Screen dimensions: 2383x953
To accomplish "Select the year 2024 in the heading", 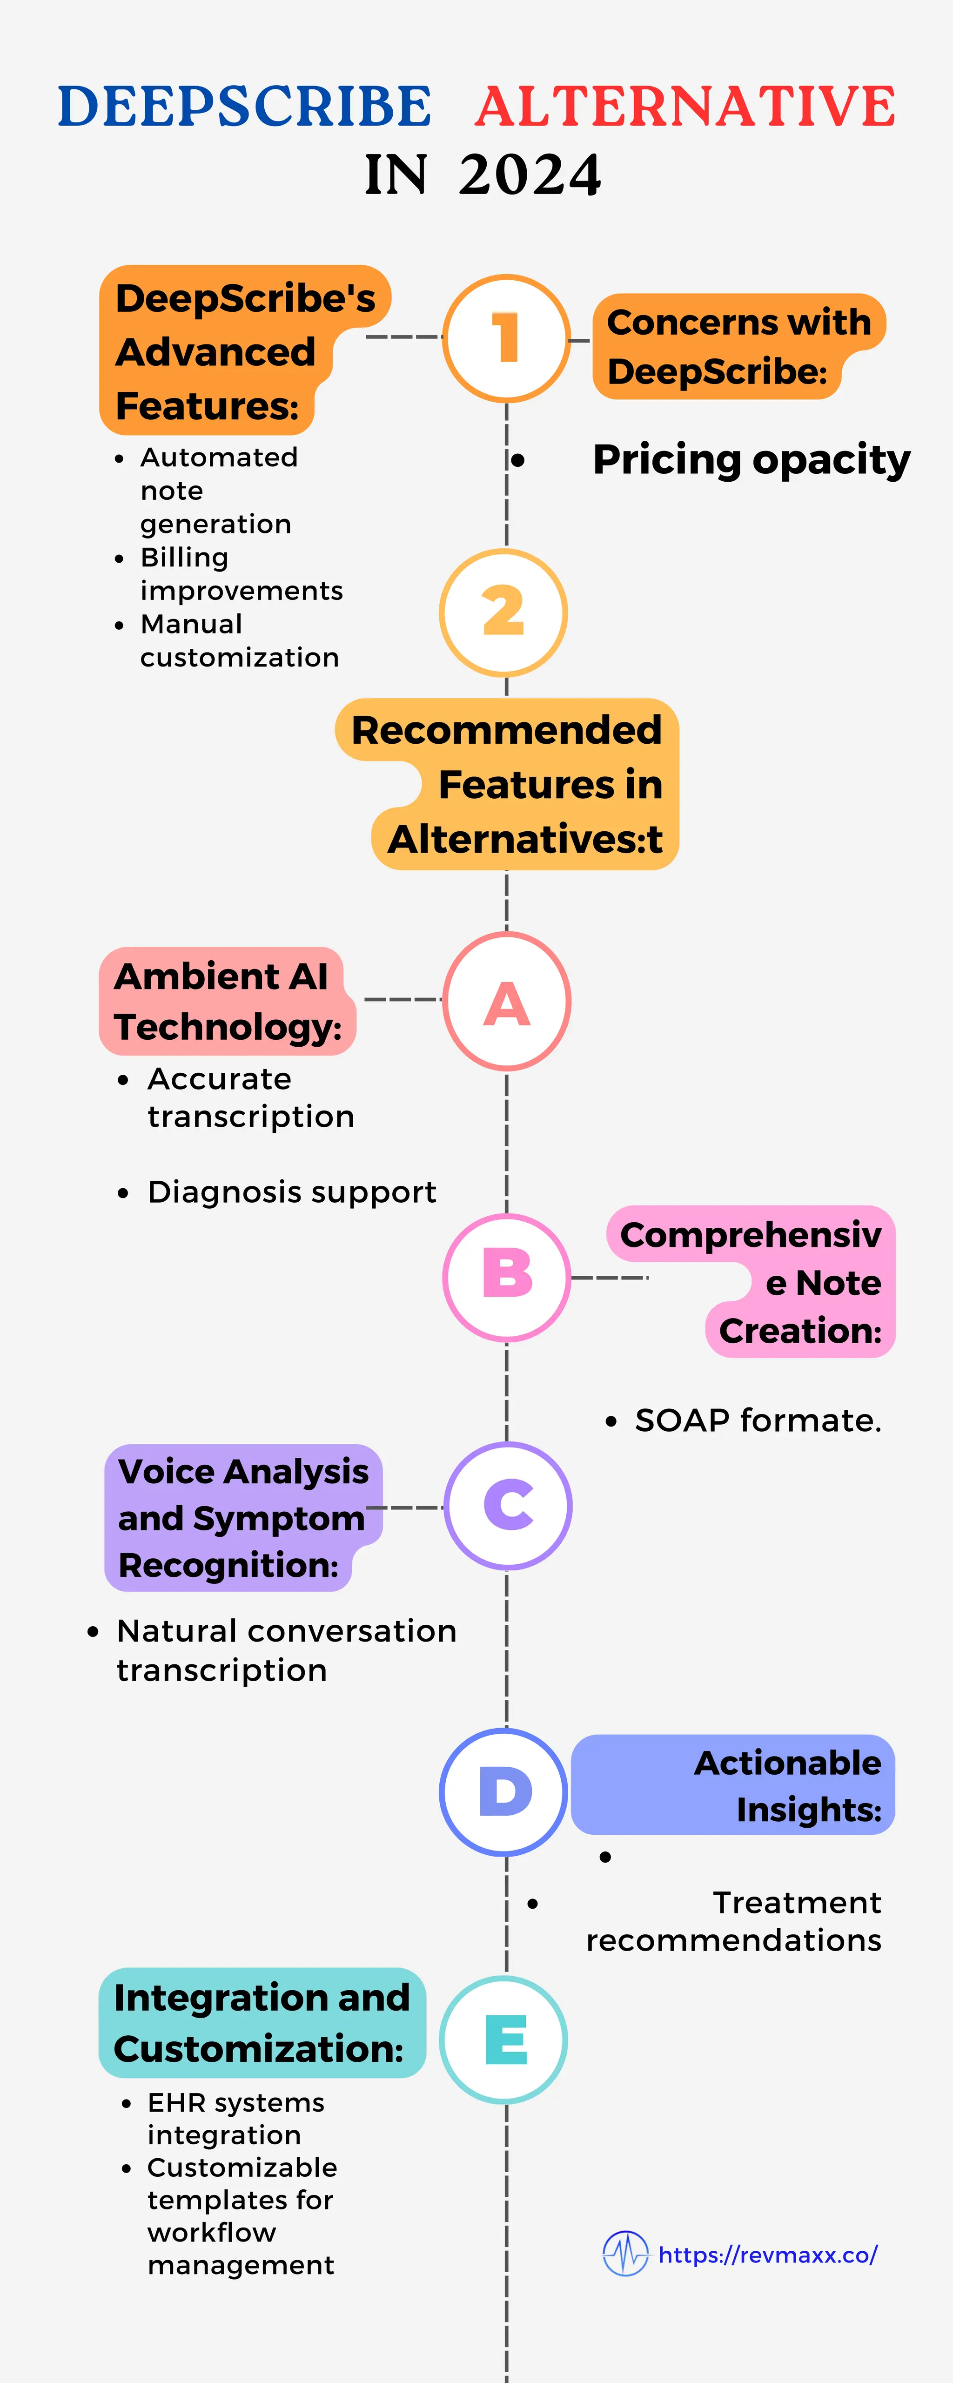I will click(530, 175).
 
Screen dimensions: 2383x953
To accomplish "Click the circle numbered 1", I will click(506, 338).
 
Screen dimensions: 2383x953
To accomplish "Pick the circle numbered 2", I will click(503, 613).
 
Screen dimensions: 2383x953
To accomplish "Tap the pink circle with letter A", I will click(506, 1002).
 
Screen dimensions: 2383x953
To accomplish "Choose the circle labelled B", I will click(506, 1277).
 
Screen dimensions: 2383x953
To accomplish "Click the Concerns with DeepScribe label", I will click(738, 347).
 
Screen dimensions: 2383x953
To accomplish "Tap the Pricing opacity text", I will click(752, 460).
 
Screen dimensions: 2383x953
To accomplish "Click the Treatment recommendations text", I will click(734, 1921).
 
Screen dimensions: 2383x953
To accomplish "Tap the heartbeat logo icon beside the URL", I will click(625, 2254).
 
